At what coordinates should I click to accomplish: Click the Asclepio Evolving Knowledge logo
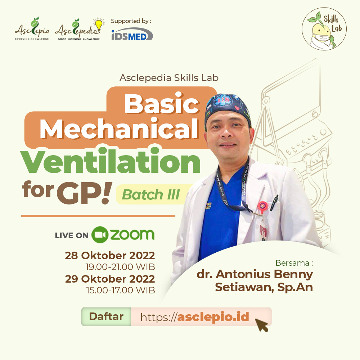click(x=32, y=29)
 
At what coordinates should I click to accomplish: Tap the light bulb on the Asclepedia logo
click(x=99, y=24)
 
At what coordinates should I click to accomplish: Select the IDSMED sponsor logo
click(x=132, y=34)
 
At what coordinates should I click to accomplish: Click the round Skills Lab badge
click(x=324, y=29)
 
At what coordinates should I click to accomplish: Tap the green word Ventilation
click(x=111, y=162)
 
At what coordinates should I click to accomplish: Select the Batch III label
click(x=151, y=194)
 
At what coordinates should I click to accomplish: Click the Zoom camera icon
click(x=100, y=235)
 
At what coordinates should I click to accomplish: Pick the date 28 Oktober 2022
click(x=110, y=255)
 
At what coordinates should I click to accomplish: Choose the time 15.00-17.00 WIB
click(x=121, y=290)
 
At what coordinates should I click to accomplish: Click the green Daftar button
click(x=106, y=316)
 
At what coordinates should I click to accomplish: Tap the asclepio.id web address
click(x=195, y=317)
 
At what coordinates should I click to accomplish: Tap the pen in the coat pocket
click(x=274, y=202)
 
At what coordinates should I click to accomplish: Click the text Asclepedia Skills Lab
click(x=169, y=78)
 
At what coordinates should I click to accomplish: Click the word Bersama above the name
click(x=292, y=263)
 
